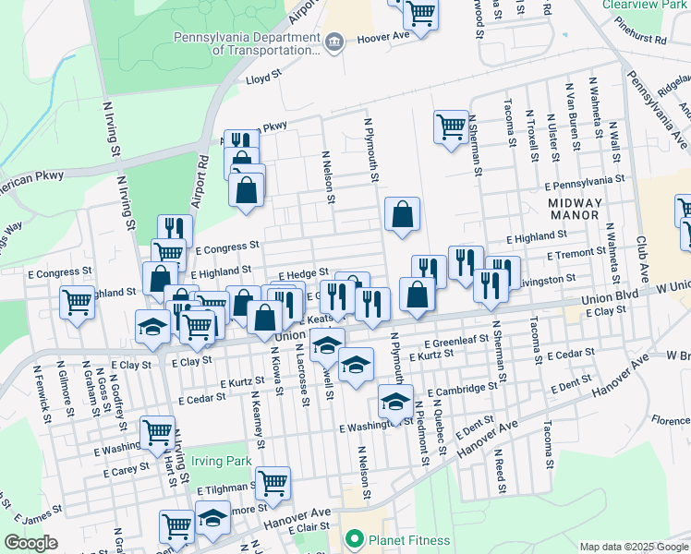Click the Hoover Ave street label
[x=382, y=36]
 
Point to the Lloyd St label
[x=263, y=79]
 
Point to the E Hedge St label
[x=299, y=273]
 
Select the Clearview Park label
[x=646, y=5]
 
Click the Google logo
[x=30, y=543]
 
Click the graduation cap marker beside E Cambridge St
[x=394, y=401]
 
